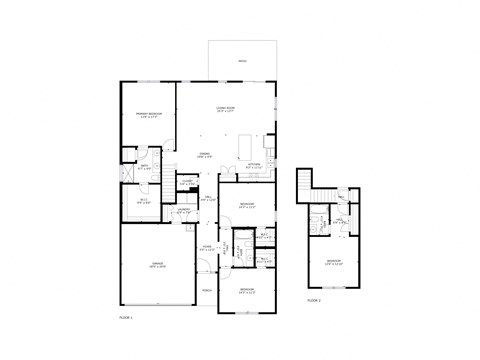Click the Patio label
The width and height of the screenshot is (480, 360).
pos(241,62)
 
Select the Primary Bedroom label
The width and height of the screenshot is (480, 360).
pos(149,116)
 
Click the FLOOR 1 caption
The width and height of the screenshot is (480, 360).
pos(125,316)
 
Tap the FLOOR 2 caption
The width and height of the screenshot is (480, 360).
pos(313,299)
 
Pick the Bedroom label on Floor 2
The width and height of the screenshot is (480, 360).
pos(333,263)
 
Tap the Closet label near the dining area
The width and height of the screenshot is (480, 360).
pos(186,182)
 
